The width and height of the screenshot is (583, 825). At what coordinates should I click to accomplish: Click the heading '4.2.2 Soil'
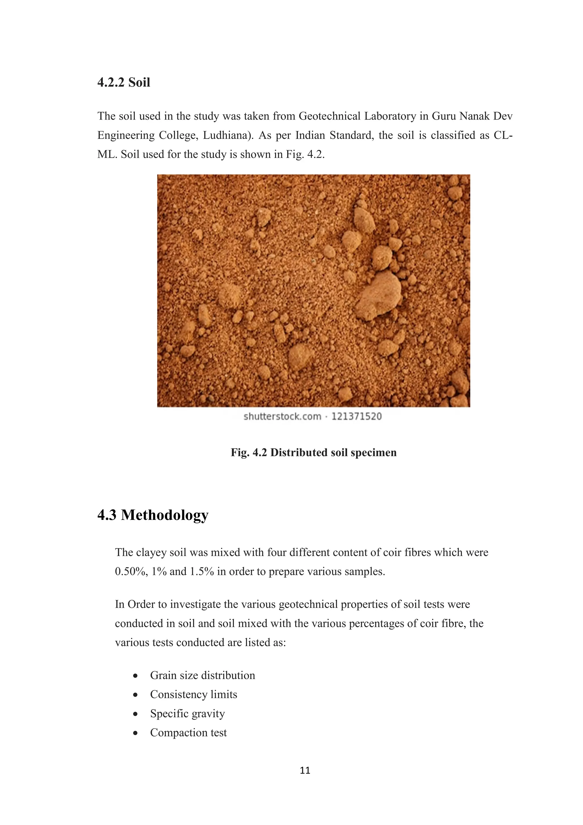tap(124, 82)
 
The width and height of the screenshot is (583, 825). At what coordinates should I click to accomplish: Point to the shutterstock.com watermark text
tap(282, 416)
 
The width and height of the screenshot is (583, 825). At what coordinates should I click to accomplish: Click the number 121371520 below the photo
tap(356, 416)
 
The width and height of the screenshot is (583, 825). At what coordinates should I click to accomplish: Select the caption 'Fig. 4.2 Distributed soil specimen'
tap(313, 452)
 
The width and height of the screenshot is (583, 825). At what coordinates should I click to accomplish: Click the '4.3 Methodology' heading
tap(153, 515)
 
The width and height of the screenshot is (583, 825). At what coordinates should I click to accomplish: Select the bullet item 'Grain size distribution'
tap(202, 675)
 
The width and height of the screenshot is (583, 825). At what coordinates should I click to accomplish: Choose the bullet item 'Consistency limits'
tap(194, 694)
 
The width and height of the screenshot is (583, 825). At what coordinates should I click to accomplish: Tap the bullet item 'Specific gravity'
tap(187, 713)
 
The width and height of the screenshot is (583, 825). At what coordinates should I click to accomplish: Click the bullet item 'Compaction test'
tap(188, 732)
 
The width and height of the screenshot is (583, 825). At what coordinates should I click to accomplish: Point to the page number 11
tap(305, 770)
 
